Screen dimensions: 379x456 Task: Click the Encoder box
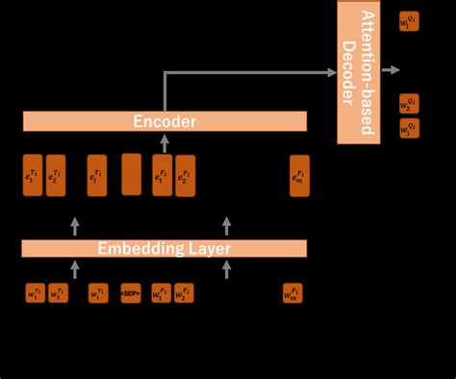165,121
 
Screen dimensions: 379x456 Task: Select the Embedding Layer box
165,248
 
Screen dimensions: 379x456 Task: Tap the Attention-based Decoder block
359,72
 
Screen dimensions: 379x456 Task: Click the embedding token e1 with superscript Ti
33,176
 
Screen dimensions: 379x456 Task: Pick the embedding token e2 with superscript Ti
56,176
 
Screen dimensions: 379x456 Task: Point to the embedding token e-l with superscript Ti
97,176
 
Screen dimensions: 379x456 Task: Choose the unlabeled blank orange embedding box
131,174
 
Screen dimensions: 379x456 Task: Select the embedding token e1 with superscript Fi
162,176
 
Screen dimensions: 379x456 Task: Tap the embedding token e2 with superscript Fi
185,176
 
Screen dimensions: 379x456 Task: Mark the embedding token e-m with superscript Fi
300,176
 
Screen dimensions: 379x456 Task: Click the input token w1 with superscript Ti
36,292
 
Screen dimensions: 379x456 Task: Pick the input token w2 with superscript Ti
58,292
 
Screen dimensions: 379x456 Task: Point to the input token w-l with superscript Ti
98,292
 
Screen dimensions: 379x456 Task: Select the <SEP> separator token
131,292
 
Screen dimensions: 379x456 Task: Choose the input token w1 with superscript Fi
161,292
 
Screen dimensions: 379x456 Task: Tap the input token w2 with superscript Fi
183,292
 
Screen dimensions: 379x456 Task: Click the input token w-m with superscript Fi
292,292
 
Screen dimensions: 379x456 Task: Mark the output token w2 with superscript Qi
410,103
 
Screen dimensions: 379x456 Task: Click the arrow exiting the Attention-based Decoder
391,69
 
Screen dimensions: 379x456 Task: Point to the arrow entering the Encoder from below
164,142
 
